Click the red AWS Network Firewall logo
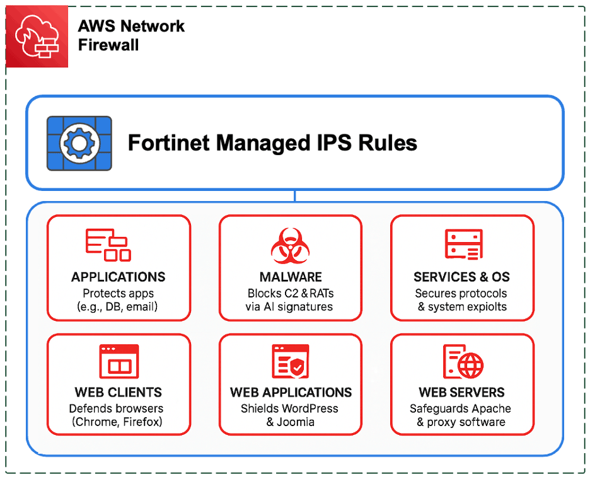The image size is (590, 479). (x=37, y=37)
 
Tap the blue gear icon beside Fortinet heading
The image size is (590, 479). (x=79, y=143)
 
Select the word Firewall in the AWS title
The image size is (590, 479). (x=108, y=45)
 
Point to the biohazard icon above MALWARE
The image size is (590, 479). (x=290, y=246)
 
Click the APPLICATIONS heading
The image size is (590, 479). (x=119, y=277)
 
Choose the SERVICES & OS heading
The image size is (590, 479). (x=461, y=277)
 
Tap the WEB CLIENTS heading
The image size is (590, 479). (x=119, y=392)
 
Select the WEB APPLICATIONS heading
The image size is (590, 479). (x=291, y=392)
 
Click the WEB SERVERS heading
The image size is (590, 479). (x=461, y=392)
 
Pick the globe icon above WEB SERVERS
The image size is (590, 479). (x=470, y=364)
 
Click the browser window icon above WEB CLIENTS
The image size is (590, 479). (x=119, y=361)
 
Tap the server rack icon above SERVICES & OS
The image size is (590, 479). (x=463, y=245)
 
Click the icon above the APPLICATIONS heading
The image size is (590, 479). (x=108, y=245)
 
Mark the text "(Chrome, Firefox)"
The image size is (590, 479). (x=119, y=422)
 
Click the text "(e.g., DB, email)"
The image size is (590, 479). (x=119, y=307)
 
